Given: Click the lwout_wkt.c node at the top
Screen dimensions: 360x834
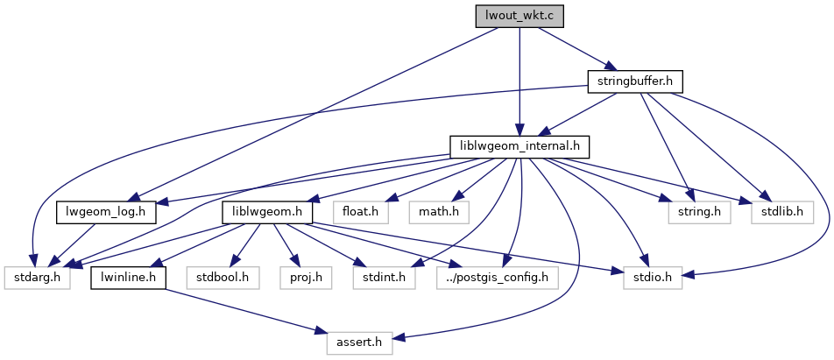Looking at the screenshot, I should point(519,16).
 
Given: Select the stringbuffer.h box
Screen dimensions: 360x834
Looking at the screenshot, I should point(634,81).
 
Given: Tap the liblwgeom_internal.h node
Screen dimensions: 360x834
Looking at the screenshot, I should point(519,146).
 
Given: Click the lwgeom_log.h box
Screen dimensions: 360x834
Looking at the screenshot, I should point(106,211).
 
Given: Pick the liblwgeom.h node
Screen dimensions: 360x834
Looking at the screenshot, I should point(267,211).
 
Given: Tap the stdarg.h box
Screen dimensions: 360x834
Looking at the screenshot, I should point(36,278).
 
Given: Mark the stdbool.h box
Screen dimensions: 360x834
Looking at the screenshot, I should point(223,278).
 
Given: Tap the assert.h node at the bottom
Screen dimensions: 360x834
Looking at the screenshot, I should point(359,342).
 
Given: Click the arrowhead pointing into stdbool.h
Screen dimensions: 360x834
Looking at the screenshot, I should point(231,265).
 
